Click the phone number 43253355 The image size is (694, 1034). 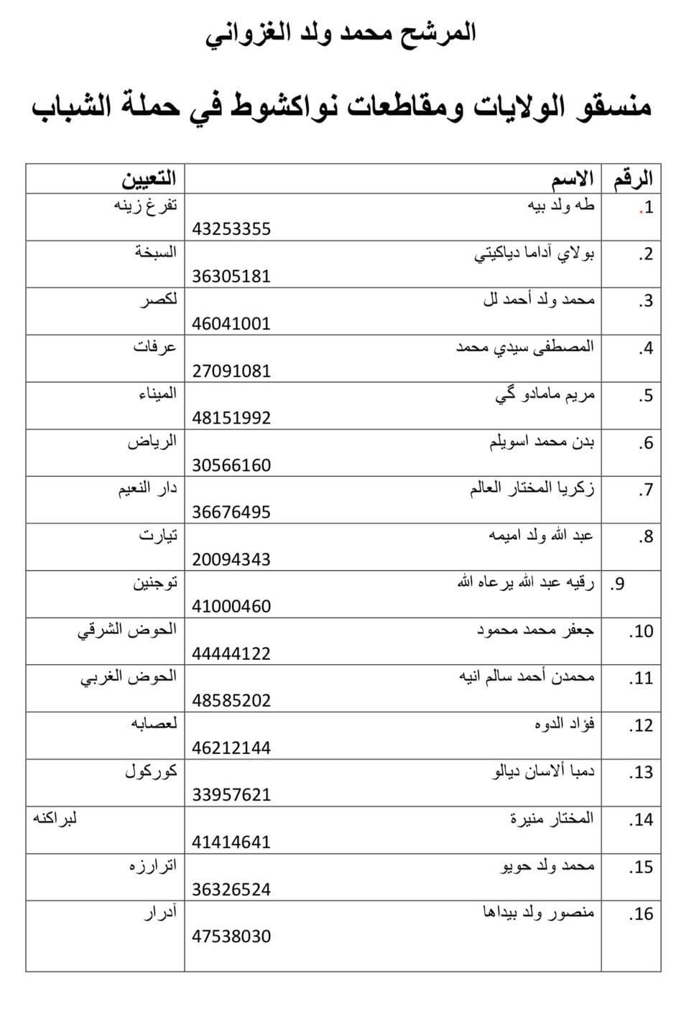231,230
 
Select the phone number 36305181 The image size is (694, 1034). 231,276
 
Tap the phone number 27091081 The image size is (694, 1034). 231,371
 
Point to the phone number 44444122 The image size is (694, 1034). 231,653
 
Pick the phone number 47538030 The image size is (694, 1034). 231,936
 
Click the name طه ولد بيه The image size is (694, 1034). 561,206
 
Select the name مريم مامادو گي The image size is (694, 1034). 545,395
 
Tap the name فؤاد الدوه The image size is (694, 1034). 565,724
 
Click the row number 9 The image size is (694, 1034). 617,584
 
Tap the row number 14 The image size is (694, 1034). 641,819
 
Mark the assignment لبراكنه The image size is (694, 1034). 55,818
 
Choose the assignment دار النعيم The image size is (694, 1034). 148,489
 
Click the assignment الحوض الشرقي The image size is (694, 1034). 127,630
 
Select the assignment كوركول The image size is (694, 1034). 151,772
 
